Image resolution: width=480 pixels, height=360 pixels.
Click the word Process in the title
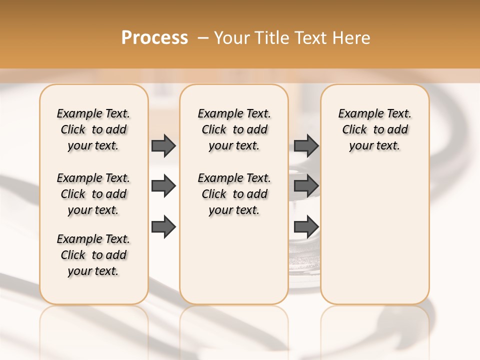pos(154,38)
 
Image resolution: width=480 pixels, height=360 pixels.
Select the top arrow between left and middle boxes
pos(163,145)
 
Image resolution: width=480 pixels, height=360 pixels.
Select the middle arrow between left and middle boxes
pos(163,186)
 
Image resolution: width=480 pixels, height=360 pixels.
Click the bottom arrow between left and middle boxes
pos(163,227)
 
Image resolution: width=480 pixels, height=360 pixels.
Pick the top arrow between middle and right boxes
pos(306,145)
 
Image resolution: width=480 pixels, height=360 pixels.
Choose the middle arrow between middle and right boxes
pos(306,186)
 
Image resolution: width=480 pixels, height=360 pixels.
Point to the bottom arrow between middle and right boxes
pos(306,227)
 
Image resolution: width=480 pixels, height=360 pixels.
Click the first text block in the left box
pos(93,129)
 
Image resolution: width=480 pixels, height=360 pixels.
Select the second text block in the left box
pos(93,194)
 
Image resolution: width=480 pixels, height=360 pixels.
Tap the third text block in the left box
pos(93,255)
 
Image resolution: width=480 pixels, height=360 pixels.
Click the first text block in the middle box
pos(234,129)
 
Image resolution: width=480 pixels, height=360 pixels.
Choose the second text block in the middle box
pos(234,194)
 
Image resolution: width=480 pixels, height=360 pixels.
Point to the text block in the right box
pos(375,129)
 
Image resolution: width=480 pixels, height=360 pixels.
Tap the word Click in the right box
pos(354,130)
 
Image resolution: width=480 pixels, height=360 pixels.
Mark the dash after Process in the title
pos(202,38)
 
